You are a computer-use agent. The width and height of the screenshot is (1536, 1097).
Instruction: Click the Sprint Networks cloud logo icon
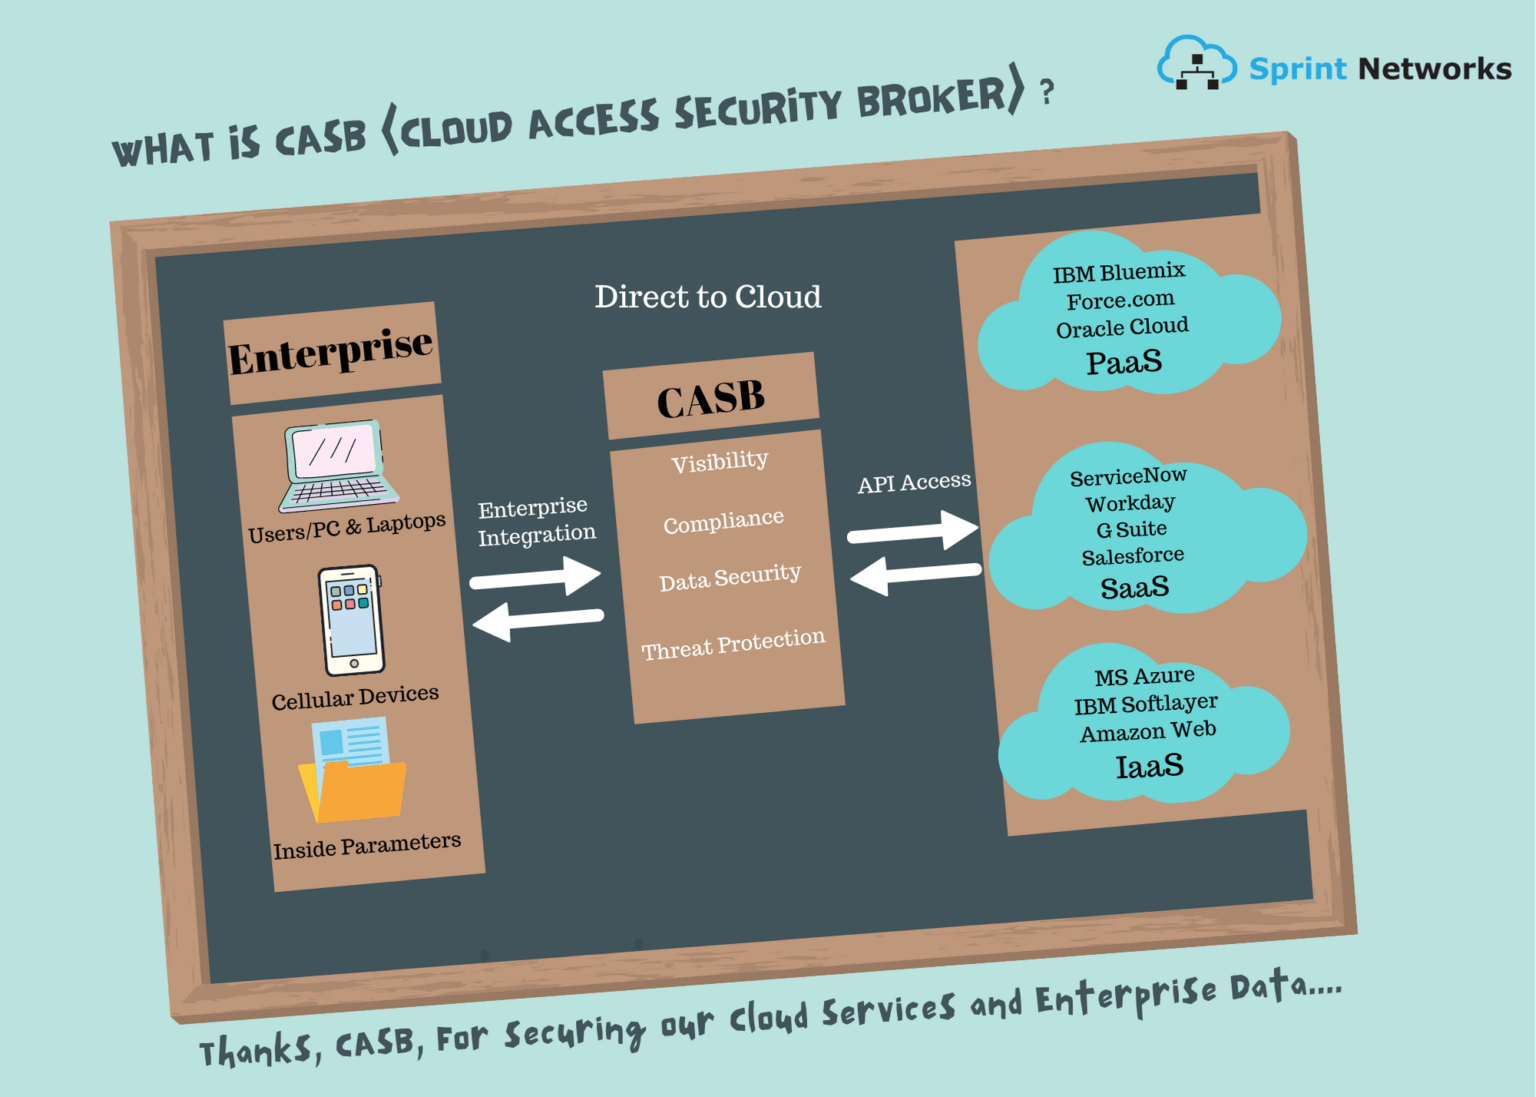[1196, 64]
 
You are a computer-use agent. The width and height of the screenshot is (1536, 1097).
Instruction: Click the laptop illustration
[338, 466]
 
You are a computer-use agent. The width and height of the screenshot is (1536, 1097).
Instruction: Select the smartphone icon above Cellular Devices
[351, 621]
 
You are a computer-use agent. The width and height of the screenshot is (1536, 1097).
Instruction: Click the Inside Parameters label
[367, 846]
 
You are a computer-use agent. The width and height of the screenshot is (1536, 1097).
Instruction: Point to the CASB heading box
[711, 398]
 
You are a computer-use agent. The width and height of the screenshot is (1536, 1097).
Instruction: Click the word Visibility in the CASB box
[720, 462]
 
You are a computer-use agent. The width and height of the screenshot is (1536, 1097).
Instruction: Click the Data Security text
[730, 578]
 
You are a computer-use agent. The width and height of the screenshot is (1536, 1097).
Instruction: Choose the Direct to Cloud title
[708, 297]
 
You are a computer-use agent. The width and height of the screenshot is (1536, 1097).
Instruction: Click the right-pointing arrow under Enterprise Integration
[537, 577]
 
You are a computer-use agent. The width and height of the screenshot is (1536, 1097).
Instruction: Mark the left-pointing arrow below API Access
[914, 575]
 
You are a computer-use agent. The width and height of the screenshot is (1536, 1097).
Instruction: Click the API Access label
[914, 483]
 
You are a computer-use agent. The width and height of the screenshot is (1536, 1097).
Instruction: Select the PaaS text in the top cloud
[1124, 362]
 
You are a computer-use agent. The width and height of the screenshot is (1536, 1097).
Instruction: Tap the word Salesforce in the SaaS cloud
[1133, 556]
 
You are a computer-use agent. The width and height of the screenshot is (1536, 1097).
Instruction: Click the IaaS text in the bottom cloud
[1150, 767]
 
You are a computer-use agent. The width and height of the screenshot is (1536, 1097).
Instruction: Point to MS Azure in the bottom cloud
[1144, 677]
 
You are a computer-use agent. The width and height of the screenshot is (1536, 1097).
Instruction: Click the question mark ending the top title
[1046, 93]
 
